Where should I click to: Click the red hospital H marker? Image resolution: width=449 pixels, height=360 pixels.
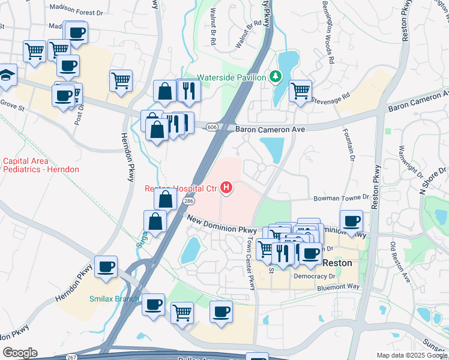click(x=226, y=188)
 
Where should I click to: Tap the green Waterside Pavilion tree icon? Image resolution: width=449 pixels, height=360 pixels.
click(x=275, y=77)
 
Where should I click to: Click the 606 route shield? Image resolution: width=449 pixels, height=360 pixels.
click(x=212, y=127)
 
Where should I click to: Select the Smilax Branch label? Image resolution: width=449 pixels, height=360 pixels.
click(x=114, y=299)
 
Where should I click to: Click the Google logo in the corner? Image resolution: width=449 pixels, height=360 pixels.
click(x=20, y=352)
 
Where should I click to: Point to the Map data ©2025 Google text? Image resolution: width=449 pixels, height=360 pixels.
click(x=411, y=355)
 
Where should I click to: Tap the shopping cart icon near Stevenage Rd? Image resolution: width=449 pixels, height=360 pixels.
click(x=300, y=91)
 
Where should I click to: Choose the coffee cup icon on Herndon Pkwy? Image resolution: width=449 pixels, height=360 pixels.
click(x=106, y=266)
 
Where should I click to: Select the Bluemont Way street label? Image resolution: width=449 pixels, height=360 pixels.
click(x=339, y=287)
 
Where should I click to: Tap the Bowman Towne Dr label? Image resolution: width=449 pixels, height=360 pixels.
click(x=341, y=197)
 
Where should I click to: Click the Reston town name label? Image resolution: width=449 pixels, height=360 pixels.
click(x=337, y=263)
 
